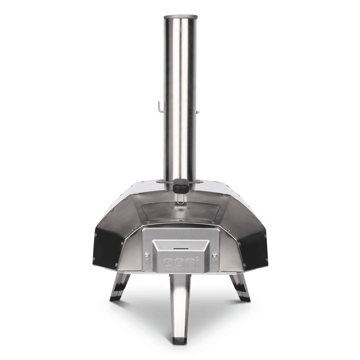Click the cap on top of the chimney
[180, 16]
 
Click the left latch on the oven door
[147, 258]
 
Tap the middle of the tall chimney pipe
[180, 98]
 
